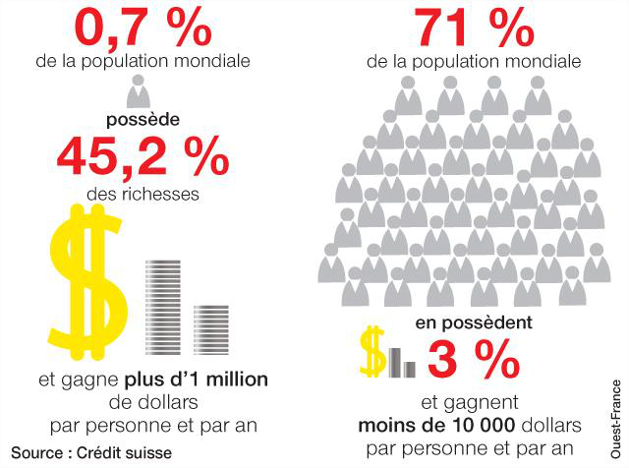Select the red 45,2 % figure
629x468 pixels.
(x=143, y=156)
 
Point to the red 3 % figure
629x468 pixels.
(x=474, y=359)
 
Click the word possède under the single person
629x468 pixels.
(x=143, y=120)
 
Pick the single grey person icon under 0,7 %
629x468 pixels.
(x=139, y=91)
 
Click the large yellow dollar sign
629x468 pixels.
(x=88, y=282)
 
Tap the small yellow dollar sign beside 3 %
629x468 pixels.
(x=372, y=352)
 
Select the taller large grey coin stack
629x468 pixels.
(x=163, y=308)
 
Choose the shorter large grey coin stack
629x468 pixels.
(x=211, y=330)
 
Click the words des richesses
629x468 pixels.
(x=143, y=195)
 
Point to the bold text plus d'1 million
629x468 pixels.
(x=197, y=380)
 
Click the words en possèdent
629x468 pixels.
(x=474, y=322)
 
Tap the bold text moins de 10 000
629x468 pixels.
(x=436, y=425)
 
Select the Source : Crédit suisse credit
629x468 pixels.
(x=91, y=453)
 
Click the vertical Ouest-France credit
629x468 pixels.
(x=615, y=419)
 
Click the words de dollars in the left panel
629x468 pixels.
(x=153, y=402)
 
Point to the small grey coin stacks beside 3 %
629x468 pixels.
(x=402, y=363)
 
